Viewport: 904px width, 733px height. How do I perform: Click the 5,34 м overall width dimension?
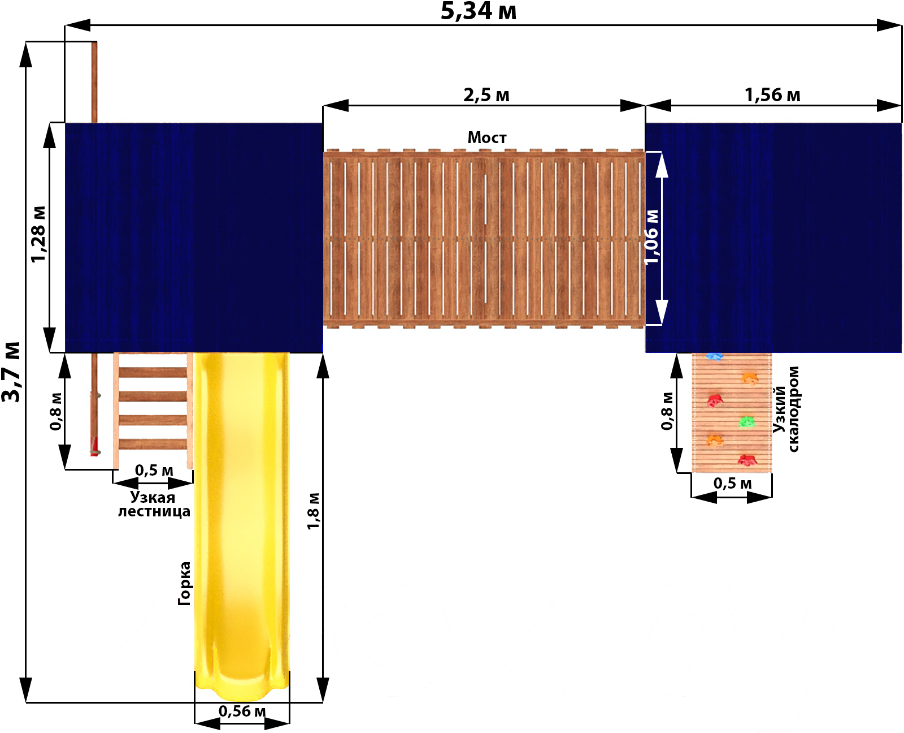pyautogui.click(x=479, y=11)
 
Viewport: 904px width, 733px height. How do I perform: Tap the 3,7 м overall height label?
pyautogui.click(x=11, y=372)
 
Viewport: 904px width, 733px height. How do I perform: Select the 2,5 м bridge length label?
pyautogui.click(x=486, y=95)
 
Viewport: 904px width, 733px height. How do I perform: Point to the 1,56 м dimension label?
pyautogui.click(x=772, y=95)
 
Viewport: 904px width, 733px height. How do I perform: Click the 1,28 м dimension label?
pyautogui.click(x=38, y=234)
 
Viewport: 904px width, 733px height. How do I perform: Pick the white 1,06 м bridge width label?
pyautogui.click(x=651, y=237)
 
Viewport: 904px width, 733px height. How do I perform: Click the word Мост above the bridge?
pyautogui.click(x=487, y=137)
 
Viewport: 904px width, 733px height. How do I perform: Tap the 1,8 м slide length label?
pyautogui.click(x=313, y=511)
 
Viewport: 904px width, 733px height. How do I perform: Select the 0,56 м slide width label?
pyautogui.click(x=242, y=711)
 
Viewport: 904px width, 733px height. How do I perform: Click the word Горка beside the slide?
pyautogui.click(x=184, y=583)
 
